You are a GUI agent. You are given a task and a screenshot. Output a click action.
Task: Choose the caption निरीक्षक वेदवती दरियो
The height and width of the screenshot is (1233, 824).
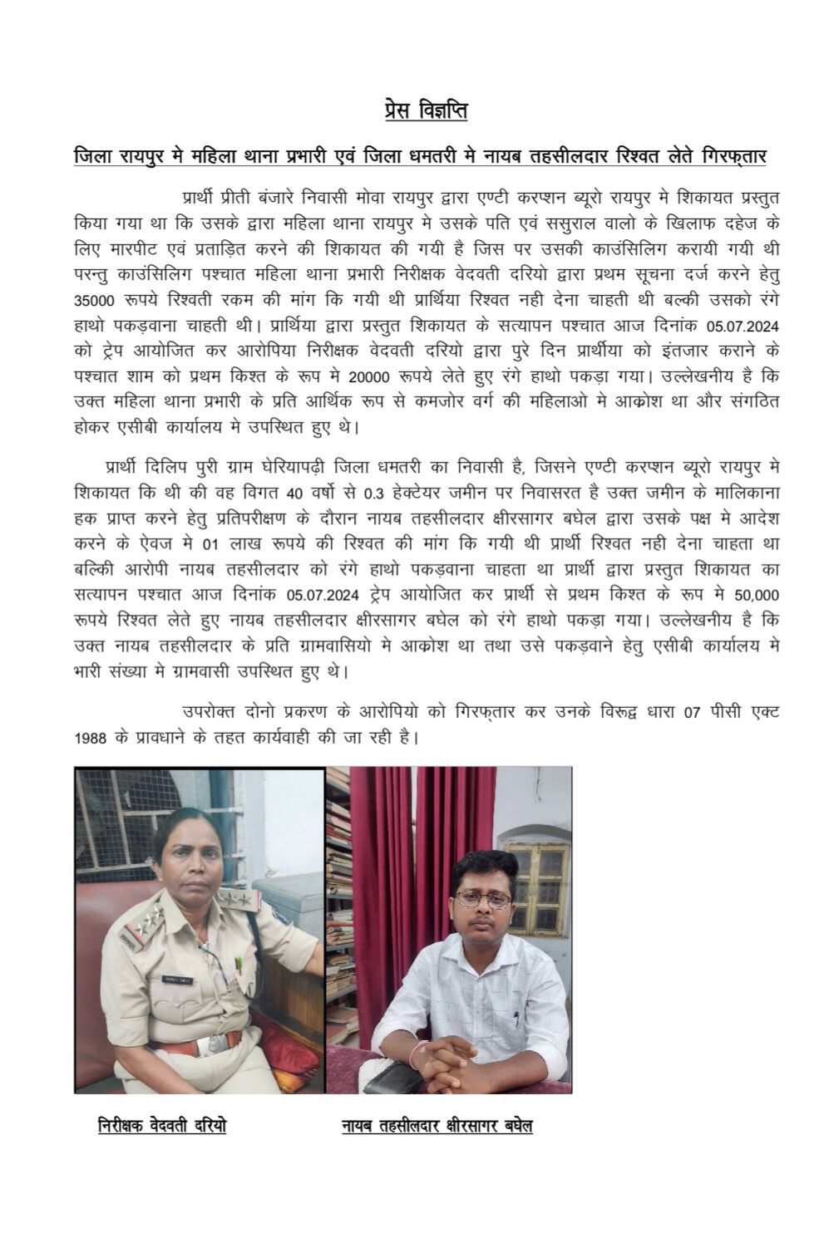click(x=161, y=1126)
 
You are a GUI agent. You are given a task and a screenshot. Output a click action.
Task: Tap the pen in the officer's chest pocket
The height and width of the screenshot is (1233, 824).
click(x=238, y=964)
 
